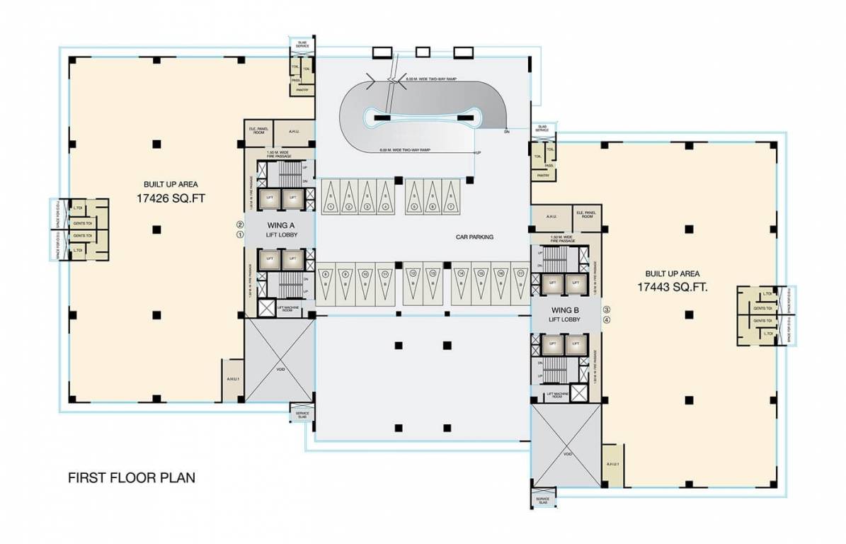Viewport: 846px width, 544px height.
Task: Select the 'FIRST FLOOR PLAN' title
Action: pyautogui.click(x=131, y=477)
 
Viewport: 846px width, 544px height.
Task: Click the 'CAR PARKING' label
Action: pyautogui.click(x=474, y=237)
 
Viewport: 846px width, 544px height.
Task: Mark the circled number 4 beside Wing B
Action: pyautogui.click(x=606, y=319)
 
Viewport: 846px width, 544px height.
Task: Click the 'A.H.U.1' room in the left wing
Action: pyautogui.click(x=232, y=380)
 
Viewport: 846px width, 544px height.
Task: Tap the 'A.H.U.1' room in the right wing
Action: pyautogui.click(x=613, y=464)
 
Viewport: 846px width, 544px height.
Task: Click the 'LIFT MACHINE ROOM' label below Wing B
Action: pyautogui.click(x=554, y=395)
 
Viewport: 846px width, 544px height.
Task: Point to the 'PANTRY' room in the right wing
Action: pyautogui.click(x=543, y=174)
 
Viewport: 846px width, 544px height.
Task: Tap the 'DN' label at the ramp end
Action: pyautogui.click(x=507, y=132)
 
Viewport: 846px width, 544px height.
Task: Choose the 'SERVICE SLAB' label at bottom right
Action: pyautogui.click(x=542, y=499)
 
